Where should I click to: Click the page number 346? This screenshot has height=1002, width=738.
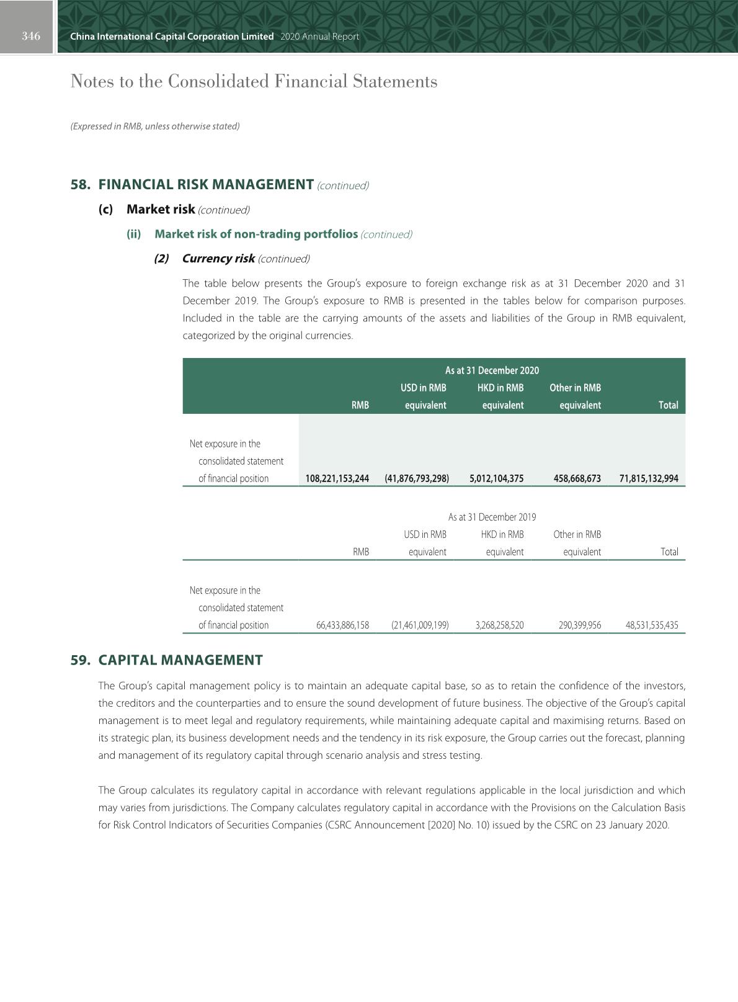tap(31, 36)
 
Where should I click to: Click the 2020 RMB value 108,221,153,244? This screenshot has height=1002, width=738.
tap(337, 478)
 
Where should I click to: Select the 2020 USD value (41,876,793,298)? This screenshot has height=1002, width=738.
tap(417, 478)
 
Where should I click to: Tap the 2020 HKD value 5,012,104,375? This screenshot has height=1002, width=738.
tap(496, 478)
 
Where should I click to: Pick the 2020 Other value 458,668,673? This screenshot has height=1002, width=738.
tap(577, 478)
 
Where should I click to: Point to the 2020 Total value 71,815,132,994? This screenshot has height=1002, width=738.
tap(649, 478)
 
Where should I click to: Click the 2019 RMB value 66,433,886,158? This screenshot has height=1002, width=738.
tap(342, 625)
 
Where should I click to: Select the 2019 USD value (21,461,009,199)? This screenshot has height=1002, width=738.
tap(420, 625)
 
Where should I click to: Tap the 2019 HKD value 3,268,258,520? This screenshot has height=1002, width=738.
tap(499, 625)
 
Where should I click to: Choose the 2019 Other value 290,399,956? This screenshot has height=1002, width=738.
tap(579, 625)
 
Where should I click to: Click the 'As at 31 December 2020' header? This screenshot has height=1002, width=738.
tap(492, 370)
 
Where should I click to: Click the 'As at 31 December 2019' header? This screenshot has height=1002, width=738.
tap(492, 517)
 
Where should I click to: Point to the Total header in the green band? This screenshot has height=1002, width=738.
tap(668, 405)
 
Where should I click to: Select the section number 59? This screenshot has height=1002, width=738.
tap(80, 660)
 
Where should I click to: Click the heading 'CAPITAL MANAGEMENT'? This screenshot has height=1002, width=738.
tap(180, 660)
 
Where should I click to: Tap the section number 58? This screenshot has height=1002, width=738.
tap(80, 185)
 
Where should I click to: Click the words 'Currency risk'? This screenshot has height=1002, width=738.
tap(218, 259)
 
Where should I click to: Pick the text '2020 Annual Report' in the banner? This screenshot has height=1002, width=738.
tap(319, 37)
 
